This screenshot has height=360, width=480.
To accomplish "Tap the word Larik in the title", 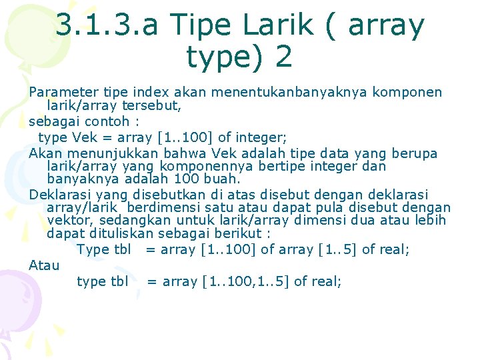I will tap(279, 26).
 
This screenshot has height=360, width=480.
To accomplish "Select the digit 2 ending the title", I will tap(283, 57).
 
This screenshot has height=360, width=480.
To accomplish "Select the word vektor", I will tap(69, 221).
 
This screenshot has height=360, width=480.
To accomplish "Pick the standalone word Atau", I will tap(44, 265).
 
